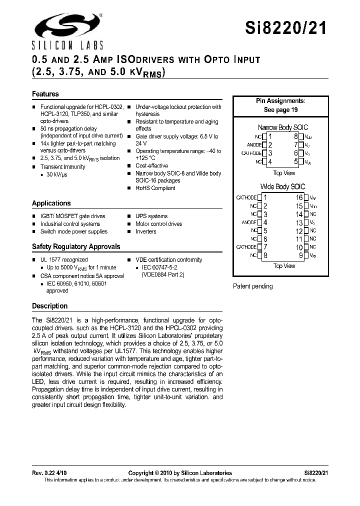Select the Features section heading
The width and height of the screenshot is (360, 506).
pyautogui.click(x=45, y=94)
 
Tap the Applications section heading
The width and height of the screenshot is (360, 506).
pyautogui.click(x=51, y=203)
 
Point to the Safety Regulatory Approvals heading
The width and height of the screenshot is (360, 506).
pyautogui.click(x=76, y=246)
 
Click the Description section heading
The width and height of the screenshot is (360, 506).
pyautogui.click(x=49, y=306)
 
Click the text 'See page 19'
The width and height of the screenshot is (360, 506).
pyautogui.click(x=280, y=109)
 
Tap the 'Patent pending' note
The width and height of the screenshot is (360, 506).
pyautogui.click(x=253, y=286)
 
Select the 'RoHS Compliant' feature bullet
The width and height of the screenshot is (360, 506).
pyautogui.click(x=155, y=188)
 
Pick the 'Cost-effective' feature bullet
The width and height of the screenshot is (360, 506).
pyautogui.click(x=151, y=166)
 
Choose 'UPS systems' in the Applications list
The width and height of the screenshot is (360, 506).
pyautogui.click(x=151, y=216)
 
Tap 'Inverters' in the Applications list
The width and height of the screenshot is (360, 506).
pyautogui.click(x=145, y=231)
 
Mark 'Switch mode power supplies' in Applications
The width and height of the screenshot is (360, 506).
pyautogui.click(x=73, y=231)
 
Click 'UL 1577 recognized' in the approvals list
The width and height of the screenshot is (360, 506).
pyautogui.click(x=63, y=260)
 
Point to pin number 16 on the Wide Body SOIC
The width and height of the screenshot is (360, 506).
pyautogui.click(x=298, y=198)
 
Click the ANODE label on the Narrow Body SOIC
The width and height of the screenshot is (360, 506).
pyautogui.click(x=251, y=145)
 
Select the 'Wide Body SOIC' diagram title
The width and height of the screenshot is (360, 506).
pyautogui.click(x=282, y=186)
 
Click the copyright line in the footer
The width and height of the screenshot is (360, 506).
pyautogui.click(x=180, y=473)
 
